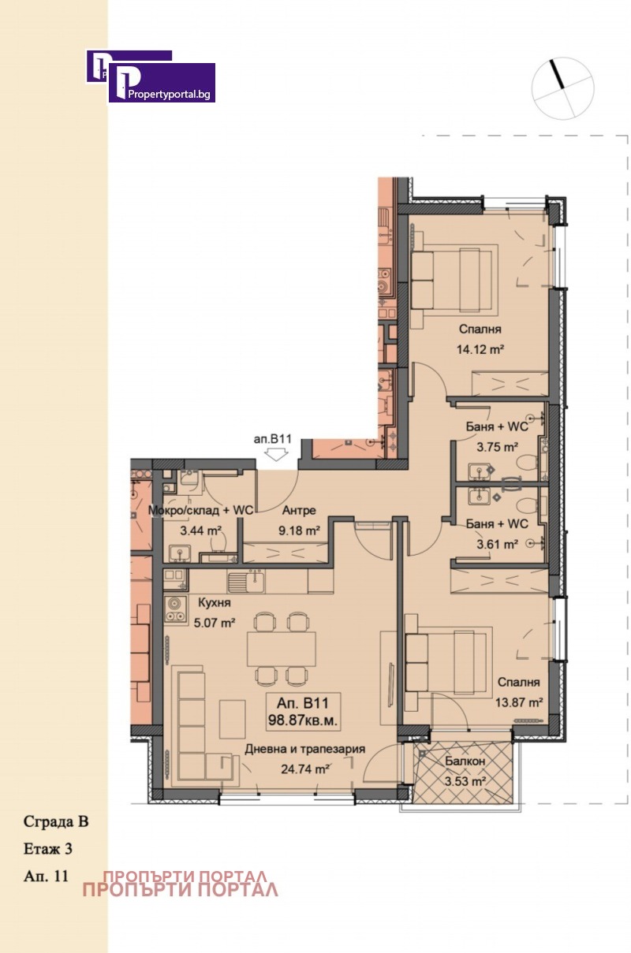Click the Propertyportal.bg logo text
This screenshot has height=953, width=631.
coord(169,95)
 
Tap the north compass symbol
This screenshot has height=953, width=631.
coord(562,87)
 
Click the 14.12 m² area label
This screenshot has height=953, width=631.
coord(480,350)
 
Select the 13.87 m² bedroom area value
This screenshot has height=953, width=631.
coord(518,702)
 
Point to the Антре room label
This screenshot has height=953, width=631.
coord(299,510)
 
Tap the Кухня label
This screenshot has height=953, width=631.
coord(215,602)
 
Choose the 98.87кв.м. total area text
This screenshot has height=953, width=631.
coord(303,720)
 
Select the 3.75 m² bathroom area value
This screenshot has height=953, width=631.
coord(497,447)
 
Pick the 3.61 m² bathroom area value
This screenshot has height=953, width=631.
coord(497,544)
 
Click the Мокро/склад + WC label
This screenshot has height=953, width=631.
coord(200,510)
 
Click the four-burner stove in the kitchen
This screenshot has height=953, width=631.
coord(176,611)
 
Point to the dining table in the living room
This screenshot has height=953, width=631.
coord(282,649)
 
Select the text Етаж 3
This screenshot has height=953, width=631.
coord(48,849)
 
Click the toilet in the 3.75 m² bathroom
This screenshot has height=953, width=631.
coord(528,462)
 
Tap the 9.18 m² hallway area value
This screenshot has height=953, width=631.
coord(299,530)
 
